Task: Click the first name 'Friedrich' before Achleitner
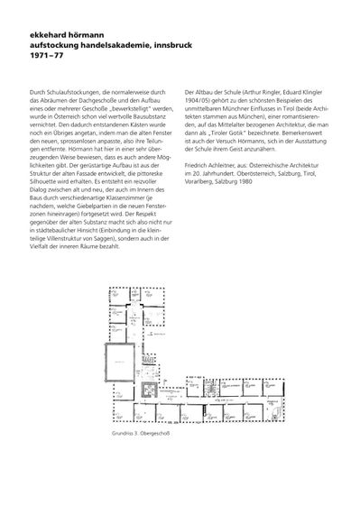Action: pos(198,166)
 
